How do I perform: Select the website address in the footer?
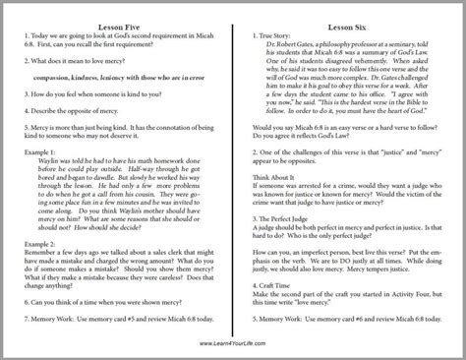tap(232, 342)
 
